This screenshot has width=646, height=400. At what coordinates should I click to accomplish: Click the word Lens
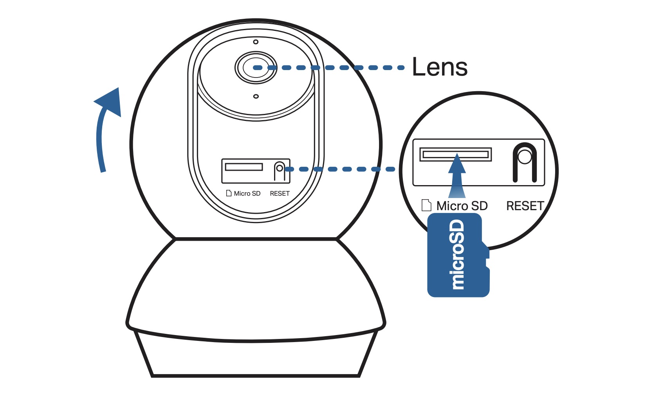[440, 67]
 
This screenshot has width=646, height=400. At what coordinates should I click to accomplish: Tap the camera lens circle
[256, 68]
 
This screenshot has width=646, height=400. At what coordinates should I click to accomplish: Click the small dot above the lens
[256, 42]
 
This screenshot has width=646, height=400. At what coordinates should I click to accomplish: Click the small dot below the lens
[256, 96]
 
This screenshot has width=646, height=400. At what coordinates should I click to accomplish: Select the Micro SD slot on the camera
[244, 167]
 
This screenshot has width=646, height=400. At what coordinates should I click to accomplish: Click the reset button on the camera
[279, 169]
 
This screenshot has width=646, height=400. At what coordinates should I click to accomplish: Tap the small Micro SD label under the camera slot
[247, 193]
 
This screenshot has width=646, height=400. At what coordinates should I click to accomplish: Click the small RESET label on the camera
[280, 193]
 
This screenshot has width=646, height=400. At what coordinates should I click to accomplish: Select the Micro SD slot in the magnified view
[455, 154]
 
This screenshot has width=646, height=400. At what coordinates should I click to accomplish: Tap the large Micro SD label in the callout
[462, 206]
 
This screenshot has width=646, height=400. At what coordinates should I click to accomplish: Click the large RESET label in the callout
[525, 206]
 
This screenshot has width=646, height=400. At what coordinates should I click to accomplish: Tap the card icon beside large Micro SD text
[426, 205]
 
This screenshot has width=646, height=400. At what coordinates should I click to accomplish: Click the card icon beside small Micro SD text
[229, 193]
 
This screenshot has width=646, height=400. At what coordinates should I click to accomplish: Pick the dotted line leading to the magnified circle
[341, 169]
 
